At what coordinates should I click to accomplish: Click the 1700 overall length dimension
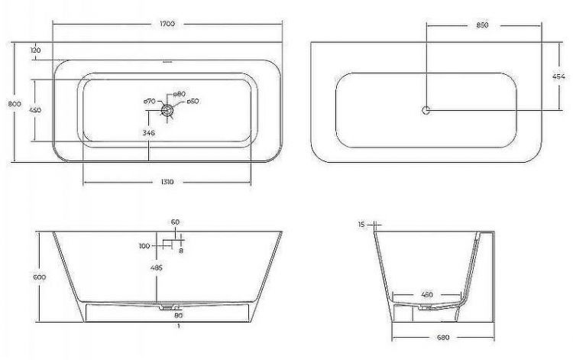[167, 24]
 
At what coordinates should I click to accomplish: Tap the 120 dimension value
[35, 50]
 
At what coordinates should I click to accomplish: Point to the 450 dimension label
[35, 110]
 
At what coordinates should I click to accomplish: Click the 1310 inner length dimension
[167, 182]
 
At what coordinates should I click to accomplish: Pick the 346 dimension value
[149, 133]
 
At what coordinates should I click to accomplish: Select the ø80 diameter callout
[181, 94]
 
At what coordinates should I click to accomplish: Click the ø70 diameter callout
[150, 102]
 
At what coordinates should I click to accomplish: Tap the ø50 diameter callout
[193, 102]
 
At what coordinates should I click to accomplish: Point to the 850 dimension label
[482, 24]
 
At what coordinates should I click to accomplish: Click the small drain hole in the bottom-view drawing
[426, 110]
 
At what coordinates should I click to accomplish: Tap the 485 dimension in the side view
[157, 268]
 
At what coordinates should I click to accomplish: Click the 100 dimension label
[144, 246]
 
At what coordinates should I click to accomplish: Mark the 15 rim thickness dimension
[361, 225]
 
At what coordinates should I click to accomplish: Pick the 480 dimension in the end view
[426, 294]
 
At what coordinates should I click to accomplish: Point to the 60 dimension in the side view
[175, 222]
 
